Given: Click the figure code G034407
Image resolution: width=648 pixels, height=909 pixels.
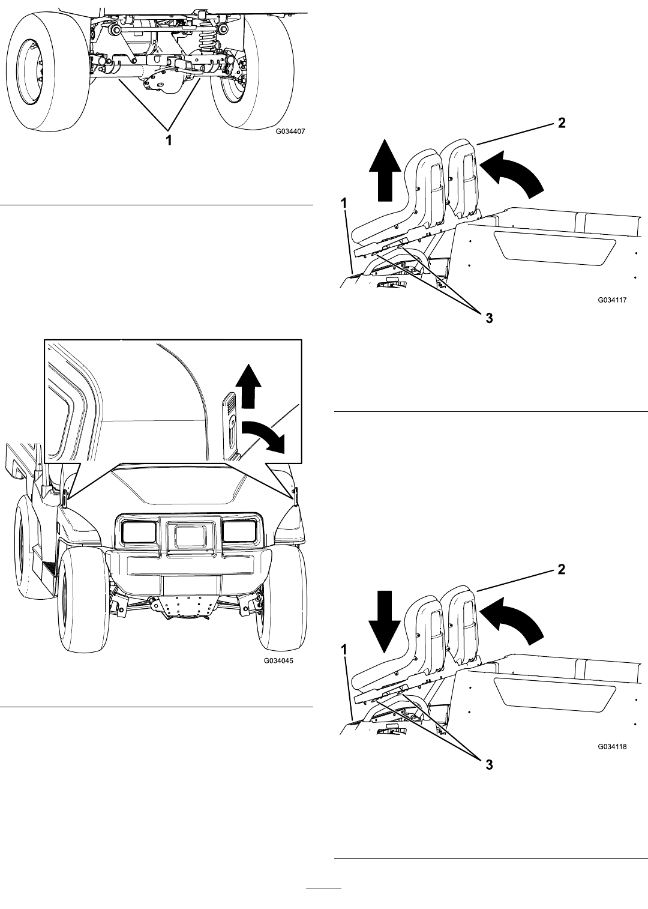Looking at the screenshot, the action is click(290, 131).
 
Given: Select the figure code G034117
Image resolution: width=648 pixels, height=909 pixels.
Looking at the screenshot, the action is click(612, 300).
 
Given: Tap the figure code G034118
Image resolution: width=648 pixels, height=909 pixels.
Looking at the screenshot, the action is click(612, 746).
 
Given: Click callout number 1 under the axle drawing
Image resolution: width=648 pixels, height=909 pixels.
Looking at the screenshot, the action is click(169, 140).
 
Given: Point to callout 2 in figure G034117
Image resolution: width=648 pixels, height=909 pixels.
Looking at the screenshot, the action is click(562, 123).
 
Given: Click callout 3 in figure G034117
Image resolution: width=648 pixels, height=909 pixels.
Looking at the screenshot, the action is click(490, 318).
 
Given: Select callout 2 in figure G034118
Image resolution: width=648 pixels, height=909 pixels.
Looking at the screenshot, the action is click(562, 569).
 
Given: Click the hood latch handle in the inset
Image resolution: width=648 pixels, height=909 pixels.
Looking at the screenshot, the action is click(230, 425).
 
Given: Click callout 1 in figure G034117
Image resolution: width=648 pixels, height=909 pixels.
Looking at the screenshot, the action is click(344, 204).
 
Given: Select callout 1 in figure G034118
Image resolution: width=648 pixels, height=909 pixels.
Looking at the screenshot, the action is click(344, 650).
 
